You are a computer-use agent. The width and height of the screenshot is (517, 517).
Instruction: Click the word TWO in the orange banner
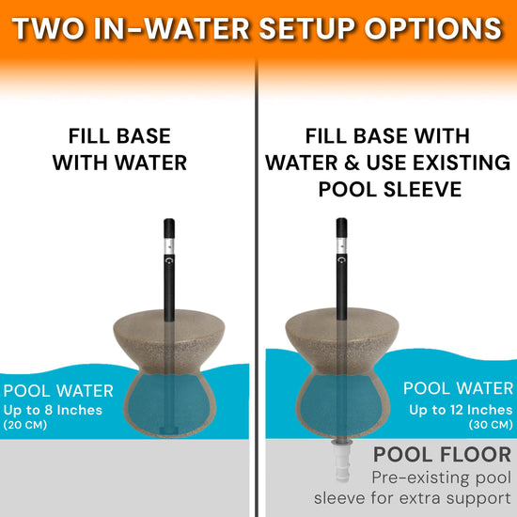tap(48, 29)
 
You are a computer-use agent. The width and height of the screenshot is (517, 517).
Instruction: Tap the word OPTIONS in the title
tap(433, 29)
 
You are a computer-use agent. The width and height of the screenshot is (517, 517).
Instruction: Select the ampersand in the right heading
tap(352, 163)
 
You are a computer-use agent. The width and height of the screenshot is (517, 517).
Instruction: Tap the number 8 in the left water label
tap(49, 410)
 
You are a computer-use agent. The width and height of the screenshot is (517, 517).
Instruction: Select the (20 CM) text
tap(25, 425)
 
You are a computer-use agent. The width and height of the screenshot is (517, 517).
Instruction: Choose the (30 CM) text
tap(491, 424)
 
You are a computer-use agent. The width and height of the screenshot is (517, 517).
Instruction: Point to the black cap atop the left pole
tap(169, 228)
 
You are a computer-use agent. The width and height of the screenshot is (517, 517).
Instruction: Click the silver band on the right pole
tap(341, 245)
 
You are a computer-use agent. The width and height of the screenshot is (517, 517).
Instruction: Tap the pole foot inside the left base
tap(169, 431)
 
